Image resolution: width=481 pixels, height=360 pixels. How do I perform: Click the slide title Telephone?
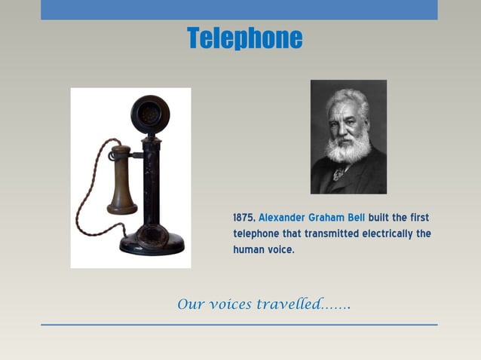point(244,38)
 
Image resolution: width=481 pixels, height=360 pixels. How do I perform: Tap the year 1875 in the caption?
point(244,218)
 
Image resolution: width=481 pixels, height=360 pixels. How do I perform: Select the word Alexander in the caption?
point(282,218)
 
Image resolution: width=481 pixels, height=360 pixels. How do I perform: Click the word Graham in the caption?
point(326,218)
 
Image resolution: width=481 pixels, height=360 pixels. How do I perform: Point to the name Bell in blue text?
point(356,218)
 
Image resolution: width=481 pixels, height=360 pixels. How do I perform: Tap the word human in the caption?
point(248,249)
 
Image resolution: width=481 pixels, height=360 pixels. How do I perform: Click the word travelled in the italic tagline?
point(286,305)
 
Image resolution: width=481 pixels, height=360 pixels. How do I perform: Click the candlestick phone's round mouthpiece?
point(150,114)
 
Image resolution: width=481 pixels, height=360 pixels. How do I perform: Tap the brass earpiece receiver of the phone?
point(121,181)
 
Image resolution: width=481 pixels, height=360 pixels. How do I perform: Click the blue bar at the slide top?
point(239,10)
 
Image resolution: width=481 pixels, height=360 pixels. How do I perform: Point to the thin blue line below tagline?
point(239,325)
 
